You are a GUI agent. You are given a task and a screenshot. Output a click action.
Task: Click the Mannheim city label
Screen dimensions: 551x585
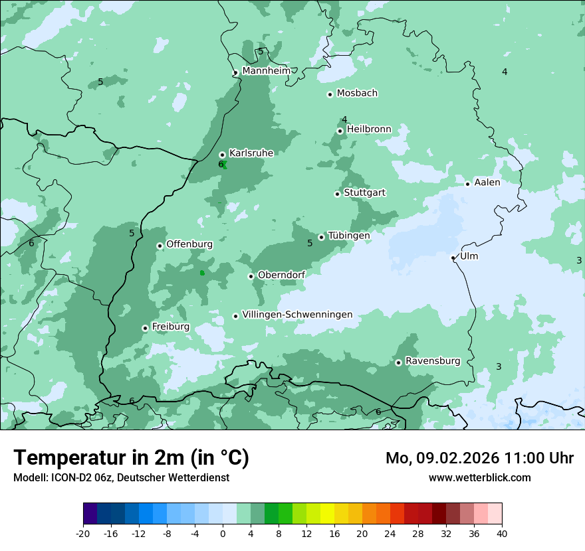click(x=266, y=70)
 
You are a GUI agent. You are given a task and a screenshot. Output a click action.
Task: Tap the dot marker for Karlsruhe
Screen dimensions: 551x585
click(x=222, y=155)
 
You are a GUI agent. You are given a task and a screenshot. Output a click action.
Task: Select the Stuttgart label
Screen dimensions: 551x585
click(x=364, y=193)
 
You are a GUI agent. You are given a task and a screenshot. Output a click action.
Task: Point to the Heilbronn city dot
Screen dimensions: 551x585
click(x=340, y=131)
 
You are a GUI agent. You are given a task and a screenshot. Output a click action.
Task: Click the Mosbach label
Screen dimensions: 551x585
click(x=357, y=93)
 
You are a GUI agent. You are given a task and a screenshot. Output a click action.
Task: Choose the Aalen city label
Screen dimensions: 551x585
click(x=487, y=182)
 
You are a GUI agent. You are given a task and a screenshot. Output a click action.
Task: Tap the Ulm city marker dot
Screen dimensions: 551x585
click(x=453, y=258)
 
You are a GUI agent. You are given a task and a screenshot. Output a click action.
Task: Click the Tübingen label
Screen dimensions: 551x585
click(x=348, y=235)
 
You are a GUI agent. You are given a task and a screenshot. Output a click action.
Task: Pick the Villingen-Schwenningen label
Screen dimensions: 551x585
click(x=297, y=315)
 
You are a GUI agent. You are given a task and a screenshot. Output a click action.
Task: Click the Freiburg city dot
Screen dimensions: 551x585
click(x=145, y=328)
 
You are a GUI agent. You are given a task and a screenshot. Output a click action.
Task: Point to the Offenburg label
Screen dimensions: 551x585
click(x=189, y=244)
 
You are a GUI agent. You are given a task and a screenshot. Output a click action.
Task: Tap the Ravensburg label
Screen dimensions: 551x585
click(x=432, y=361)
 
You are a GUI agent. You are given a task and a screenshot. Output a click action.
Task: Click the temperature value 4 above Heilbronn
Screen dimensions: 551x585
click(x=344, y=119)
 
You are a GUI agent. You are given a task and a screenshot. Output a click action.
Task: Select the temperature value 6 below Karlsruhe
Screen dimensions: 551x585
click(x=221, y=164)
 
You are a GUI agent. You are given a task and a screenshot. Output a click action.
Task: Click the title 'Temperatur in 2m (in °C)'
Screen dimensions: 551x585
click(x=131, y=457)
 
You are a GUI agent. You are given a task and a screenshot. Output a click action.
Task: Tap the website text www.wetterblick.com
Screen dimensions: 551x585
click(x=479, y=477)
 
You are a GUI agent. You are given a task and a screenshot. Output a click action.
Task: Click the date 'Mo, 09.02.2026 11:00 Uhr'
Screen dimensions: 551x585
click(x=479, y=458)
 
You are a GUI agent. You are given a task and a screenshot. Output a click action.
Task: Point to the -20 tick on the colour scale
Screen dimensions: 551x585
click(x=83, y=533)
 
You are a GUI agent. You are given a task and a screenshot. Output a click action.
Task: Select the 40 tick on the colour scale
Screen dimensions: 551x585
click(x=502, y=533)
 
